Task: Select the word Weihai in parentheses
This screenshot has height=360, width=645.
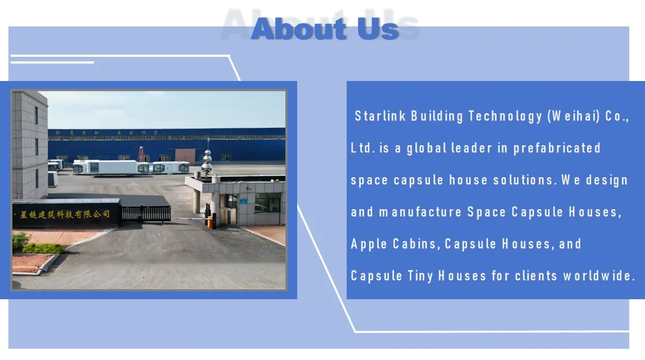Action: click(575, 116)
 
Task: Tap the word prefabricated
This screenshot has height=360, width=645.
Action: click(557, 148)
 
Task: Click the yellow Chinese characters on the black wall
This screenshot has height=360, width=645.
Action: click(65, 214)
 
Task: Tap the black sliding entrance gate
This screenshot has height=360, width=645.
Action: click(146, 213)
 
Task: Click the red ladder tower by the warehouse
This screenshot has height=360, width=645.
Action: click(141, 154)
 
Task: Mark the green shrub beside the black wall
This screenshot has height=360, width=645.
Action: click(21, 241)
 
